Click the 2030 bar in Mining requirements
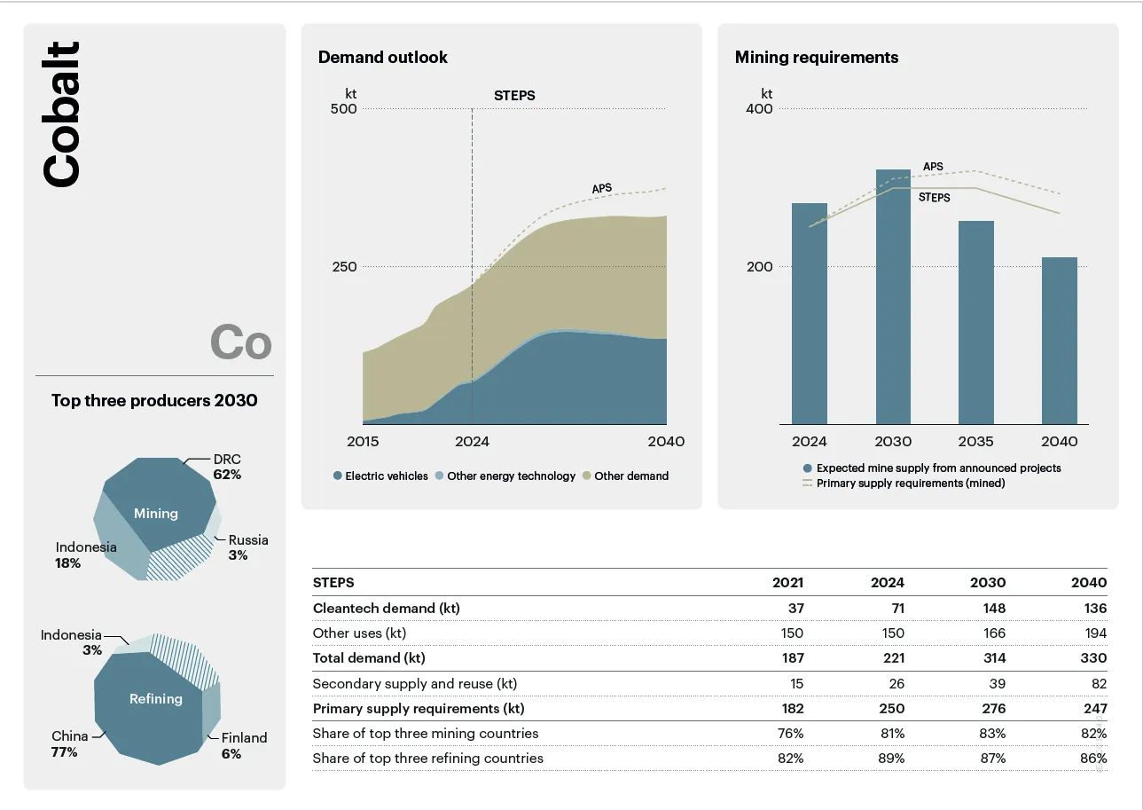[x=893, y=297]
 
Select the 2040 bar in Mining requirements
[x=1059, y=341]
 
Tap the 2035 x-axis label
[x=976, y=442]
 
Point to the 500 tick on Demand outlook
[x=343, y=109]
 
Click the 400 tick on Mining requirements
[x=759, y=109]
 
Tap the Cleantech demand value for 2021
[x=794, y=609]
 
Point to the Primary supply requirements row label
[x=419, y=709]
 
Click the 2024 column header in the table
[x=888, y=583]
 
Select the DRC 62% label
[x=227, y=467]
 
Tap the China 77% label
[x=69, y=743]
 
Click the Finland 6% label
[x=243, y=745]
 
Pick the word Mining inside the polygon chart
[x=156, y=514]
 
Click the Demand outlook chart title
[x=383, y=58]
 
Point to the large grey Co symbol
[x=240, y=342]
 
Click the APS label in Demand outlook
[x=602, y=188]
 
